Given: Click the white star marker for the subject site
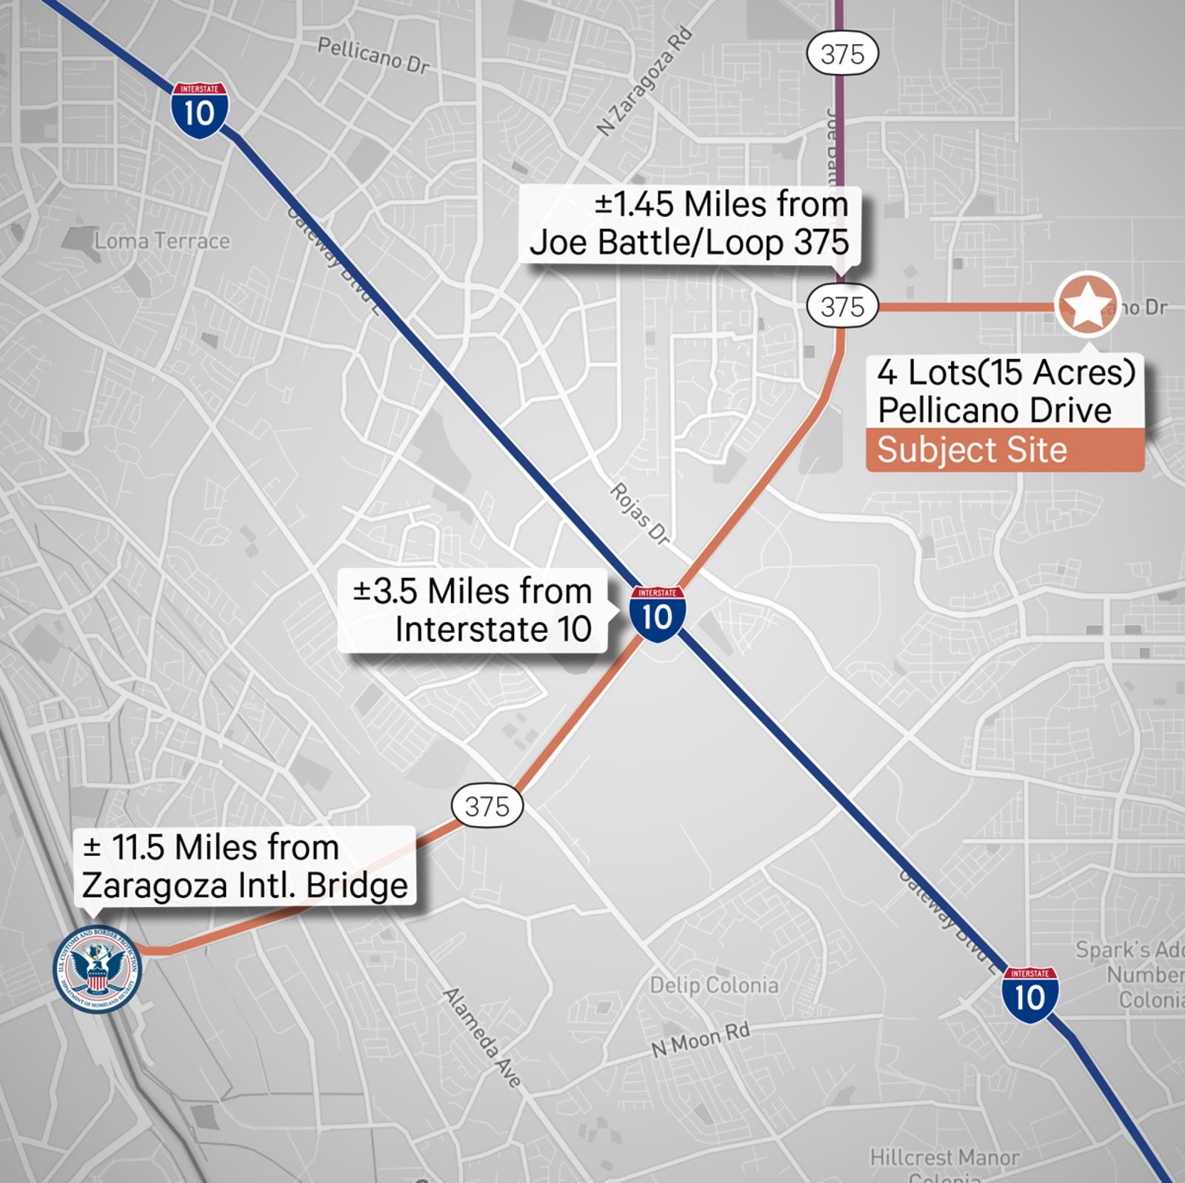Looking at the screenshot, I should pos(1087,304).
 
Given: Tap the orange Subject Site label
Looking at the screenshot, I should pos(972,450).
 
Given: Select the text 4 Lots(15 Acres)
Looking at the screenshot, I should pos(1006,372).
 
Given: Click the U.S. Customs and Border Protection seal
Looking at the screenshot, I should pos(97,969).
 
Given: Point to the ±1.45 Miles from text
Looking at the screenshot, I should pos(721,204).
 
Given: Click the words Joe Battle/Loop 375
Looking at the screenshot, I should pos(689,243).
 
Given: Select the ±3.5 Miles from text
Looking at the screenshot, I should pos(473,591).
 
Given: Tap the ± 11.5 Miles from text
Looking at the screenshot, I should pos(211,847).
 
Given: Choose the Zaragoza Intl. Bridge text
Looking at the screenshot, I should pos(244,885).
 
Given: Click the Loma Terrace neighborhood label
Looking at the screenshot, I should pos(162,241).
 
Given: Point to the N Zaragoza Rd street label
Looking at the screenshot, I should pos(644,82).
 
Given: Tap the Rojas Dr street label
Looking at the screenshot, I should pos(639,514).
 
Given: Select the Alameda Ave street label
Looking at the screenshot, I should pos(482,1036).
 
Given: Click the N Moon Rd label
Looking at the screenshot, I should pos(700,1039).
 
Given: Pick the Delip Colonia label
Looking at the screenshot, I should pos(714,985).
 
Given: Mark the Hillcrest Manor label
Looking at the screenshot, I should pos(944,1156).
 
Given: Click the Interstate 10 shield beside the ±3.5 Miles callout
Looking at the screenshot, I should pos(657,614).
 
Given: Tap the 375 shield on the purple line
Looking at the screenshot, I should pos(842,54).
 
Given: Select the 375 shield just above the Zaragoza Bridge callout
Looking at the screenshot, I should pos(487,805).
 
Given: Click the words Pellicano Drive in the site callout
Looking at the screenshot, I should pos(994,410).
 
